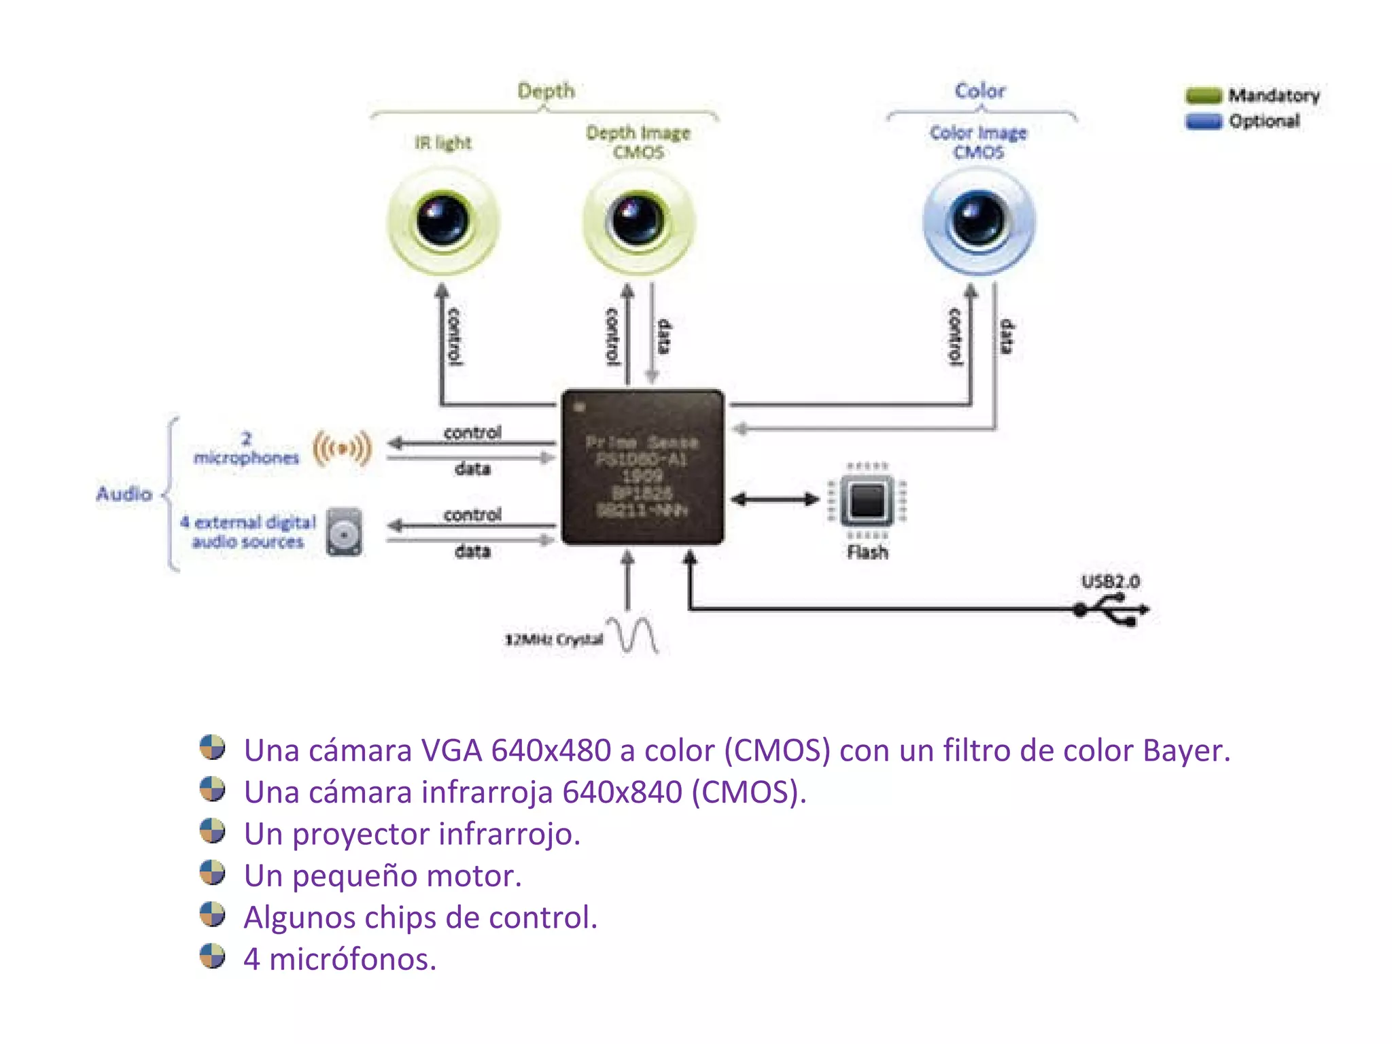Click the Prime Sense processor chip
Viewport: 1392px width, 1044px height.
(x=642, y=468)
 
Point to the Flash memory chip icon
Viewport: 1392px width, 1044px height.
(x=867, y=501)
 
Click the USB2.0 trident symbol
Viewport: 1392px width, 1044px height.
(x=1115, y=610)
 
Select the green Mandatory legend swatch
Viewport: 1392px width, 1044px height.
(x=1203, y=95)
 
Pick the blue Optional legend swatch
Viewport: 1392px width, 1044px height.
(x=1203, y=122)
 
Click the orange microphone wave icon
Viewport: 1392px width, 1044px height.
(x=343, y=449)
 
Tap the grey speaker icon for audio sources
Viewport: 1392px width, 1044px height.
(x=344, y=532)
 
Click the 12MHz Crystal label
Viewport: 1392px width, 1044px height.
(x=553, y=640)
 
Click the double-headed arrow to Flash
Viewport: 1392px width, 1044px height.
(x=775, y=500)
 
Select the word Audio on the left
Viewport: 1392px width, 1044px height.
(x=124, y=494)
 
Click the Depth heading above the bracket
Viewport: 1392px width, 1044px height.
(x=546, y=90)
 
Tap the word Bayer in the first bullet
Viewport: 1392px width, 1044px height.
(x=1185, y=751)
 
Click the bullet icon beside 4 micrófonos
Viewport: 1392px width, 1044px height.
(x=212, y=956)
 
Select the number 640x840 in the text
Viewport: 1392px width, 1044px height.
(x=622, y=793)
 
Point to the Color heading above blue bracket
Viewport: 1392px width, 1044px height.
(x=979, y=90)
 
